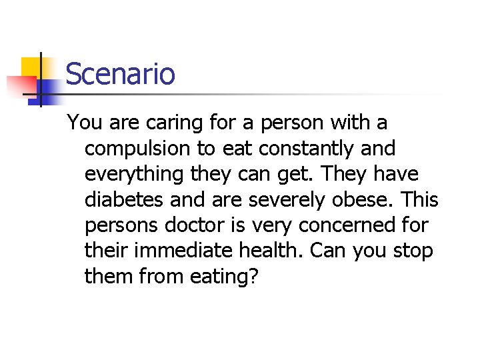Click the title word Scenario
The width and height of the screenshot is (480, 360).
[x=120, y=73]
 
